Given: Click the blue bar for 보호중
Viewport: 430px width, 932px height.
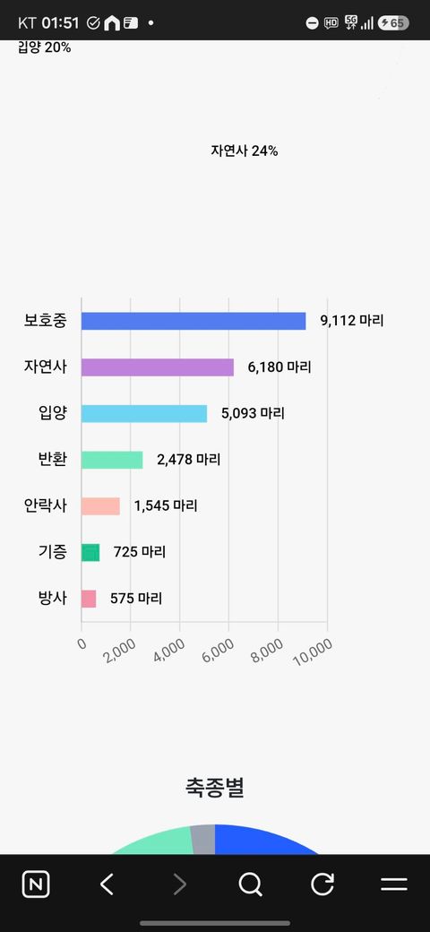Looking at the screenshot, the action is pos(193,321).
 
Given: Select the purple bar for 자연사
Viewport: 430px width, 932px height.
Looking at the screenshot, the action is pos(158,367).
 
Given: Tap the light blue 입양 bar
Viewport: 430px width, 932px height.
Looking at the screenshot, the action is pos(144,414).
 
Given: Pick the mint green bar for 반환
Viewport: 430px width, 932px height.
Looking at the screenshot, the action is pos(112,460).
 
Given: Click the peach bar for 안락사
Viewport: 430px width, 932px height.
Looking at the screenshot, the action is pos(100,506).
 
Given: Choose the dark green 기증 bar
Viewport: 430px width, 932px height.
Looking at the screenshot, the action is pos(90,553).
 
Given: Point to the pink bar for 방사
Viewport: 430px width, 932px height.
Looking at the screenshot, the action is pos(89,600).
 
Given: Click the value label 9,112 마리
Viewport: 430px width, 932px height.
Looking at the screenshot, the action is pos(352,321).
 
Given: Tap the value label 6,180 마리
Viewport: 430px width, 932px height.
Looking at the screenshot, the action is pos(279,367).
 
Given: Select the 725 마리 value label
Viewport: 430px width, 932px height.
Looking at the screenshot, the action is pos(140,552).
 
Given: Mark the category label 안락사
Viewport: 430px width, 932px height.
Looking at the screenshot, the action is pos(45,506).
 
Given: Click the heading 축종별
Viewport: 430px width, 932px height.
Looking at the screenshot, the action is pos(215,788).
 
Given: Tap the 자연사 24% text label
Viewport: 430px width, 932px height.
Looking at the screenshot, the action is pos(244,151).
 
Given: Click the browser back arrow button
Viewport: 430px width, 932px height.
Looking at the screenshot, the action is pos(107,885).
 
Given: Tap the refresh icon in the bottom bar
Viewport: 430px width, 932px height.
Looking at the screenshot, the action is pos(322,885).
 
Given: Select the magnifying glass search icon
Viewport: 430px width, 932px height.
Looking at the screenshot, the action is pos(250,885).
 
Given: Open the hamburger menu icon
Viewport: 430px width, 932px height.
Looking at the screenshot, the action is pos(394,885).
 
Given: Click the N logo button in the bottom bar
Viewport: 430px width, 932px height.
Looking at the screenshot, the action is pos(36,885).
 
